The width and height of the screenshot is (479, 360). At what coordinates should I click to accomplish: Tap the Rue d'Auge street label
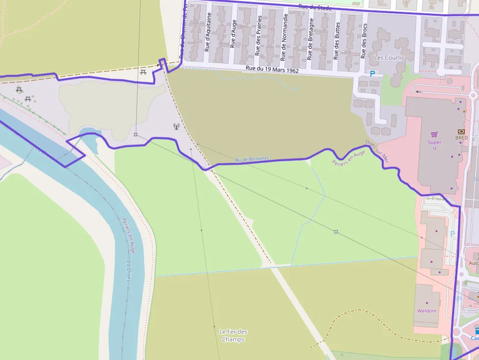[x=233, y=33]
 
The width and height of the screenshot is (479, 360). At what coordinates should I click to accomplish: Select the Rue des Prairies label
[x=259, y=35]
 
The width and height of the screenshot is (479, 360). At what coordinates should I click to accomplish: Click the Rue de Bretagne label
[x=310, y=39]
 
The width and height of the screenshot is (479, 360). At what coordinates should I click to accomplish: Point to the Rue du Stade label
[x=315, y=7]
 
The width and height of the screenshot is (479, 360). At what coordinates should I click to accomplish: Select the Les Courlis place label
[x=389, y=58]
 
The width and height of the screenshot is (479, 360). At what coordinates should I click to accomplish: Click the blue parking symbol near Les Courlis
[x=372, y=74]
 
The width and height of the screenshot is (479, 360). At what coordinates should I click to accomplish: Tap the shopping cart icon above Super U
[x=434, y=134]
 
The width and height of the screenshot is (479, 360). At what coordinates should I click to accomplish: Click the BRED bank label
[x=461, y=138]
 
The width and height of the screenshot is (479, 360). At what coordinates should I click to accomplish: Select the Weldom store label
[x=427, y=311]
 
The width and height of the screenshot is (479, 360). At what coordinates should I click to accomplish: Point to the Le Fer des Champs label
[x=233, y=335]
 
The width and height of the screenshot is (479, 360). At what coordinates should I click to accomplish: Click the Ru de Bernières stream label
[x=252, y=160]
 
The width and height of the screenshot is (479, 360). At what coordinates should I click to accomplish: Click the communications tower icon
[x=176, y=127]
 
